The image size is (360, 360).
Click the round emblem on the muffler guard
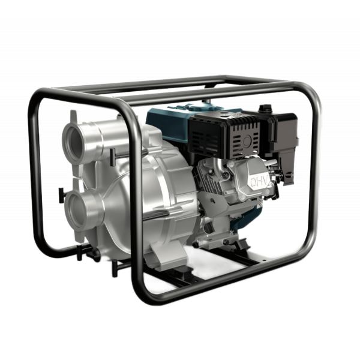click(x=247, y=141)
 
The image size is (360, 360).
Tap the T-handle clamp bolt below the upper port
click(x=113, y=157)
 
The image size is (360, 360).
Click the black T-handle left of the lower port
click(x=61, y=195)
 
